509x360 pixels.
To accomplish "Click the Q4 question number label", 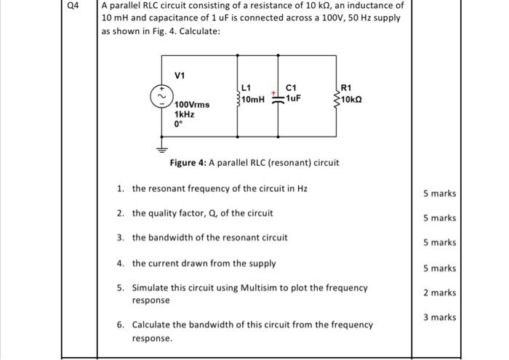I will pyautogui.click(x=71, y=9).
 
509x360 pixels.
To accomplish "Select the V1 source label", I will pyautogui.click(x=179, y=74).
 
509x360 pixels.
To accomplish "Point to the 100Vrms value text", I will pyautogui.click(x=192, y=105).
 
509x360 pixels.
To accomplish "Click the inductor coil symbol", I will pyautogui.click(x=236, y=97).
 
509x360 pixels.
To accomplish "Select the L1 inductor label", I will pyautogui.click(x=246, y=89).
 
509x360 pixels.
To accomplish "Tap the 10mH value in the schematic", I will pyautogui.click(x=254, y=99).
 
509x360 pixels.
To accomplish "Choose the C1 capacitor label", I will pyautogui.click(x=293, y=89).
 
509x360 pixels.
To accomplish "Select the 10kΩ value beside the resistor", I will pyautogui.click(x=352, y=99).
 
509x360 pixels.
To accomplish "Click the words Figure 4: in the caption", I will pyautogui.click(x=189, y=162).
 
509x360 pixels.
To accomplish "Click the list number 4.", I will pyautogui.click(x=120, y=263).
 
